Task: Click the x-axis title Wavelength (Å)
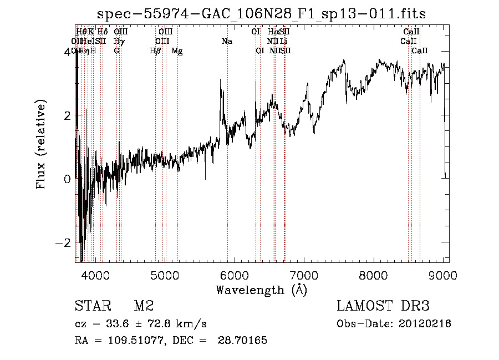[261, 290]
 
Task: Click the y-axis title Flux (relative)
[42, 146]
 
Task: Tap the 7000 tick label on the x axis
[304, 275]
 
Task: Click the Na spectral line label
[227, 42]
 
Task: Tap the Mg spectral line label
[177, 51]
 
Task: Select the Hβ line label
[156, 51]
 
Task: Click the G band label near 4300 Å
[116, 51]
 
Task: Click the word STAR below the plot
[91, 306]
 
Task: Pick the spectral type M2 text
[144, 306]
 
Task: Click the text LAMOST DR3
[383, 306]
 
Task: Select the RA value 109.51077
[127, 341]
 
